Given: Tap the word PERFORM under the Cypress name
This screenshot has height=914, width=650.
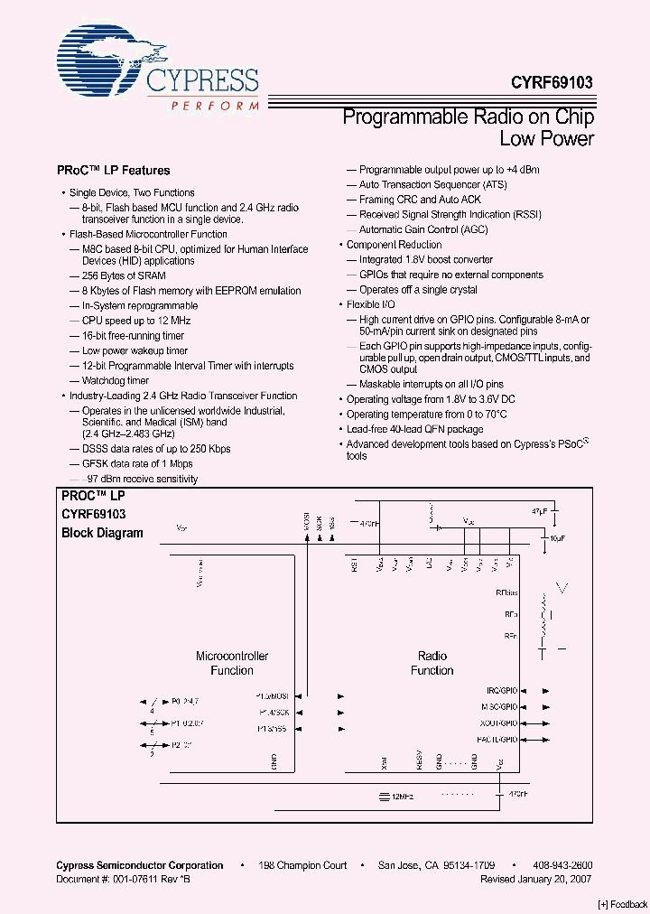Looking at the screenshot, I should click(x=213, y=107).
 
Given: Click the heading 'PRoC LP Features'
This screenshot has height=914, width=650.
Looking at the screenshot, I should click(x=114, y=170).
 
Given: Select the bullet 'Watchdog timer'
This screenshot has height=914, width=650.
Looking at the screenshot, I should click(x=116, y=381).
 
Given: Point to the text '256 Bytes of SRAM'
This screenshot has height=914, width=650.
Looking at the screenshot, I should click(x=124, y=275).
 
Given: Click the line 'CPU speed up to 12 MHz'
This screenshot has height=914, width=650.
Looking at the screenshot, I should click(x=136, y=321).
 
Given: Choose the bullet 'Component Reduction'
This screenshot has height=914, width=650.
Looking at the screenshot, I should click(x=394, y=245).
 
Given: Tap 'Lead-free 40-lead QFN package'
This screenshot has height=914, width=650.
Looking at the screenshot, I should click(x=414, y=429).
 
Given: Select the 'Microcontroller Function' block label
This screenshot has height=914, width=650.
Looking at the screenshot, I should click(x=232, y=663).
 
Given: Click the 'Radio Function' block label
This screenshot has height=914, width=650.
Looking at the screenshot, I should click(x=432, y=663).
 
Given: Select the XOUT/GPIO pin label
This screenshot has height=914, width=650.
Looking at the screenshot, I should click(x=498, y=723).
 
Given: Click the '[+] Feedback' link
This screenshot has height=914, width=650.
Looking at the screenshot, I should click(x=623, y=904).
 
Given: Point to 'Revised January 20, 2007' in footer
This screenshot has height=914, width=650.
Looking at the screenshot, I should click(x=536, y=878).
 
